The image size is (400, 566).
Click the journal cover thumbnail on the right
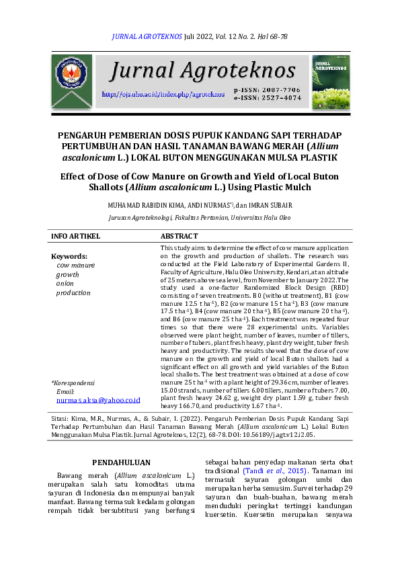tap(330, 83)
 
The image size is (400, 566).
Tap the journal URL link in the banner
tap(163, 94)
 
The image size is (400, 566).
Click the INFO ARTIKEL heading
tap(76, 236)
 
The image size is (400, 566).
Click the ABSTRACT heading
tap(179, 236)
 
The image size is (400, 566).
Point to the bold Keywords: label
tap(69, 257)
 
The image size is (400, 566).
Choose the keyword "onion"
tap(65, 284)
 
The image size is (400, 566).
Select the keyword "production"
tap(73, 292)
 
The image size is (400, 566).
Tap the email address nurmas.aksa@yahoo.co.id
tap(98, 399)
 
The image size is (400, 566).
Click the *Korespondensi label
tap(73, 382)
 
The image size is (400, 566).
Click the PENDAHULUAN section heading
tap(121, 462)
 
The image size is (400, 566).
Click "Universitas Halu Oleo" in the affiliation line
tap(260, 218)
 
